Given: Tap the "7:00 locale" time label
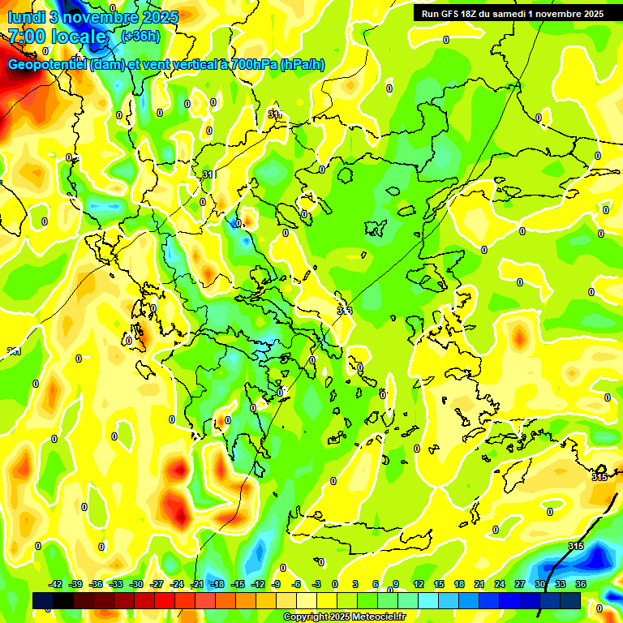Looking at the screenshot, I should (x=58, y=37).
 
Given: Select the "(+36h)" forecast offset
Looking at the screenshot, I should (x=140, y=37).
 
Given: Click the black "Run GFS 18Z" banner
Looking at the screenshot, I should (x=518, y=14).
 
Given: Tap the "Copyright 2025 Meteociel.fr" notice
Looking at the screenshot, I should (x=344, y=617).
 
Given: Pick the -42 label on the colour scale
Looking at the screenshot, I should (x=56, y=584).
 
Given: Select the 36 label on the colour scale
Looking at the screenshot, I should (x=581, y=584).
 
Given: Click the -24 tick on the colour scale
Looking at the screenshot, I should (x=177, y=584).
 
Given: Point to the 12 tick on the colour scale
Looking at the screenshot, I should (x=419, y=584).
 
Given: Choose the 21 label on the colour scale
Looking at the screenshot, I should (x=479, y=584).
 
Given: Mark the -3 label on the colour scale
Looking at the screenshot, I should (x=318, y=584).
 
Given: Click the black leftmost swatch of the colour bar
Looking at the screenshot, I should (x=43, y=600).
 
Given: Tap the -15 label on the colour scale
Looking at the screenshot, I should (x=238, y=584).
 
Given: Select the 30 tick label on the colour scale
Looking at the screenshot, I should (x=540, y=584).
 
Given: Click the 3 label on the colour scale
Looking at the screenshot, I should (x=355, y=584).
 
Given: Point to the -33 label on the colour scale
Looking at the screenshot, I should (x=117, y=584).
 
